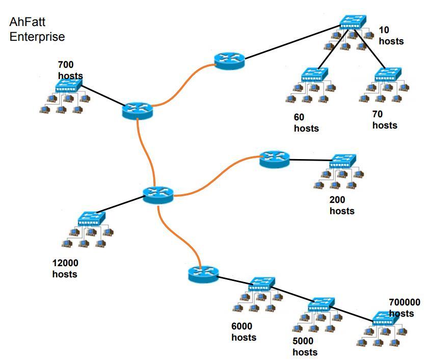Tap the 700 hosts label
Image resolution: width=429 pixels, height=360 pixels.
coord(70,70)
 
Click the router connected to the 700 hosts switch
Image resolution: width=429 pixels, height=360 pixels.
coord(137,110)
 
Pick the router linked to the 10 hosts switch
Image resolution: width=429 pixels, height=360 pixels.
coord(229,60)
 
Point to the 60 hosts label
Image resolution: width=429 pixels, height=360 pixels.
coord(306,123)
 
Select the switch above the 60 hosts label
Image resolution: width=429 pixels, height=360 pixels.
coord(314,75)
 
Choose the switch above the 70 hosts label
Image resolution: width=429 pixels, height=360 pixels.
coord(388,75)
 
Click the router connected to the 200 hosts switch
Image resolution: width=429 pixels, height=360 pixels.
coord(274,159)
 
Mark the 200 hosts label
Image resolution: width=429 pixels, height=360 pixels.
coord(342,205)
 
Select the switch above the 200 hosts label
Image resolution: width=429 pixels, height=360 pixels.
coord(343,161)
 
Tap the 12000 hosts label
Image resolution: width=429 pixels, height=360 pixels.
coord(65,269)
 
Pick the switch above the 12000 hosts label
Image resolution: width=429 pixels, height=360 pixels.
coord(92,219)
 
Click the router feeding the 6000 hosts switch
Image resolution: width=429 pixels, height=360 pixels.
coord(202,274)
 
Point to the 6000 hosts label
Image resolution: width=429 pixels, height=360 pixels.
coord(244,332)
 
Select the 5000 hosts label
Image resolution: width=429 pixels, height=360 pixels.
coord(305,347)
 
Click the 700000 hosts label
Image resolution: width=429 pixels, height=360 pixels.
coord(405,307)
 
